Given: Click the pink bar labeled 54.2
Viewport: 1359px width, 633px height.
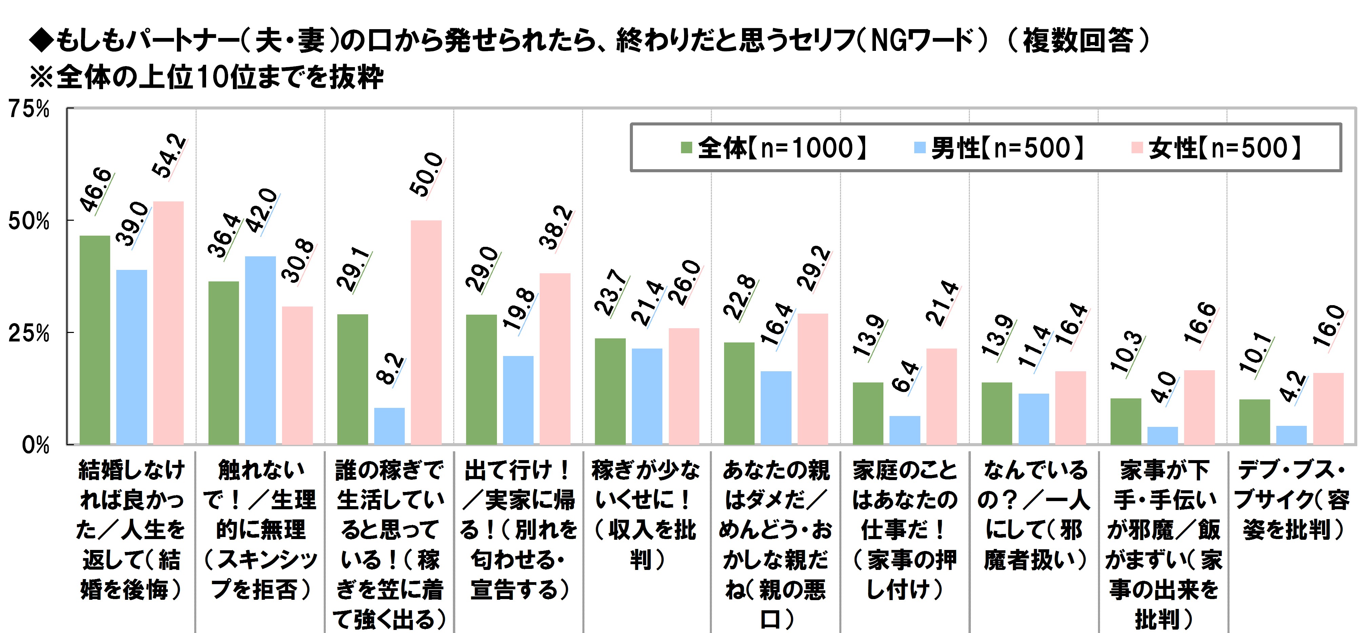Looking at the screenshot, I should coord(168,322).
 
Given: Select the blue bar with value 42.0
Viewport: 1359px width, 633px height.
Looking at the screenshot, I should coord(260,350).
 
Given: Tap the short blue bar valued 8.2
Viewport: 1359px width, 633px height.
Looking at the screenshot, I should coord(389,426).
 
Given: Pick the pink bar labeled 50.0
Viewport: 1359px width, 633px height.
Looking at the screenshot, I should coord(426,332).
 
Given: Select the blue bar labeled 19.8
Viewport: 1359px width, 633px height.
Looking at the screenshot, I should coord(518,400).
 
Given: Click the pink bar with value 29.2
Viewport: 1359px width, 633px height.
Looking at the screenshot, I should coord(813,379).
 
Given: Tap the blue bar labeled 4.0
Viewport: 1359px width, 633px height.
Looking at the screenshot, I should coord(1162,435).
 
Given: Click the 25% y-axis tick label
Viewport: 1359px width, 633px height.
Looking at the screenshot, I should coord(29,333).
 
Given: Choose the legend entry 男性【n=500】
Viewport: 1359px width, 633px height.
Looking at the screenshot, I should coord(999,148).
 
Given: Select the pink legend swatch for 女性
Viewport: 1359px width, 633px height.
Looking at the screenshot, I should coord(1137,148).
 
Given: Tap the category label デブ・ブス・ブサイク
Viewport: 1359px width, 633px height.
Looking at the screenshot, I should coord(1292,499).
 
